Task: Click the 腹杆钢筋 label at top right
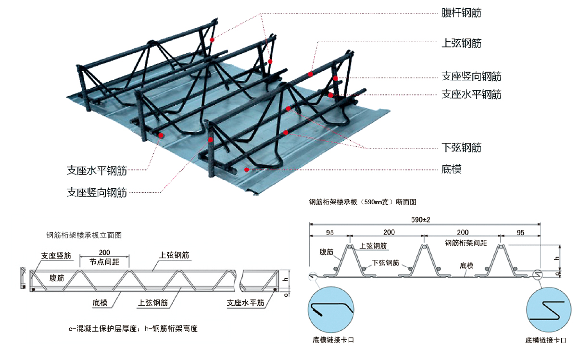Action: [x=461, y=13]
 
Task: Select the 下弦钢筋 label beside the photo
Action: [x=461, y=148]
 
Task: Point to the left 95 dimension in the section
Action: [x=329, y=232]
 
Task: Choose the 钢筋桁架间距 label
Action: [x=466, y=243]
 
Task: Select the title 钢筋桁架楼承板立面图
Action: [x=84, y=236]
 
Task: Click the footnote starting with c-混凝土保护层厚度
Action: [x=133, y=329]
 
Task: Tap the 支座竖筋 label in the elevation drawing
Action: [x=56, y=256]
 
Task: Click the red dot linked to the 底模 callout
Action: [x=246, y=169]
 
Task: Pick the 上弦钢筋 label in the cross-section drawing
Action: [x=374, y=246]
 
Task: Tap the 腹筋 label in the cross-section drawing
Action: [x=327, y=252]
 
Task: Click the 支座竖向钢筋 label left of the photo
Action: [x=97, y=193]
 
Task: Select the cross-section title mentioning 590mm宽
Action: [x=362, y=202]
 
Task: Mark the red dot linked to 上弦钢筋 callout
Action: [x=311, y=74]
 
